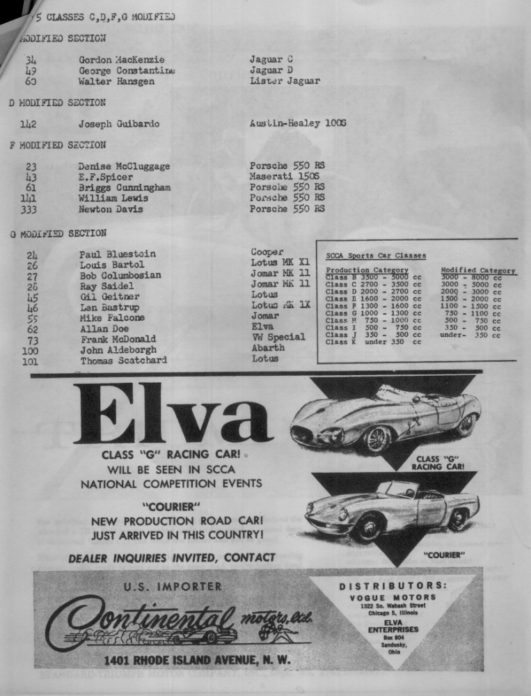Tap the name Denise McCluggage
(124, 166)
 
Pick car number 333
(30, 209)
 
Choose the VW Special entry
(278, 337)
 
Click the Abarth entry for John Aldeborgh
(268, 348)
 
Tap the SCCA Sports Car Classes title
(376, 256)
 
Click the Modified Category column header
(478, 270)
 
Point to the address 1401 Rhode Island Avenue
(198, 660)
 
